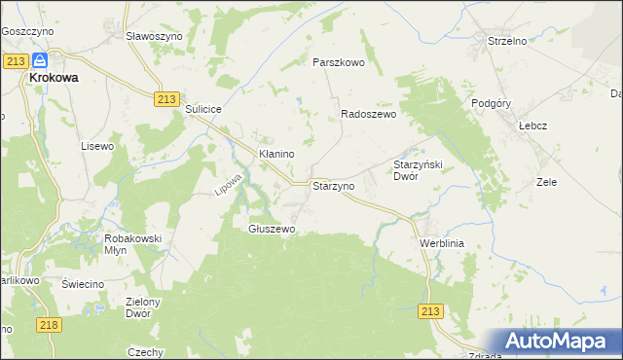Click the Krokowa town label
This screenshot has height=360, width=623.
click(x=55, y=78)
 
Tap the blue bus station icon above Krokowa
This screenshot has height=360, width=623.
click(x=41, y=59)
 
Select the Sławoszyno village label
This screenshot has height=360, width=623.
click(x=155, y=35)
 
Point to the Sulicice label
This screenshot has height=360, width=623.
click(x=205, y=110)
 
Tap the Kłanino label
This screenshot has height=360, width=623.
click(x=275, y=154)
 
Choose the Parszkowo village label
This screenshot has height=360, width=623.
click(x=338, y=61)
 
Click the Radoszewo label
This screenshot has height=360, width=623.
click(x=368, y=114)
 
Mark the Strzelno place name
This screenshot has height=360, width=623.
click(x=507, y=41)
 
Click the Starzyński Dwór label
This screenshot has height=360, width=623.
click(x=418, y=170)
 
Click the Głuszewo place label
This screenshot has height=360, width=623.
click(x=272, y=229)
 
